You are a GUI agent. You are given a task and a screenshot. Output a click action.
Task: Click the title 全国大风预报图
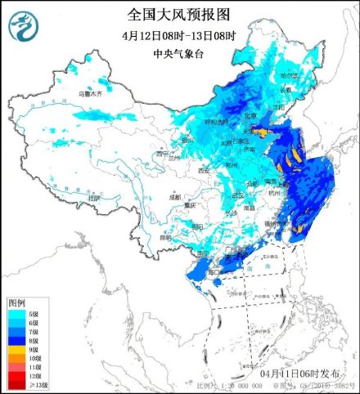(179, 15)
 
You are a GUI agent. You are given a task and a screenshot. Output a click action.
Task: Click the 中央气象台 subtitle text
(179, 54)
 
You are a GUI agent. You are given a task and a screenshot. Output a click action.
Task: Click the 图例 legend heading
(18, 302)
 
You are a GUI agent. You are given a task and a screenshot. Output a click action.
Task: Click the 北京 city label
(258, 115)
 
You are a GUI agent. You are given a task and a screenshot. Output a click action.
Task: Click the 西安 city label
(204, 170)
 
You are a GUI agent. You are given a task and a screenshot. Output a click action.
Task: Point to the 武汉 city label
(238, 195)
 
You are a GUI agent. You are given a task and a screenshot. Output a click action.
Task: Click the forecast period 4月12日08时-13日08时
(179, 36)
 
